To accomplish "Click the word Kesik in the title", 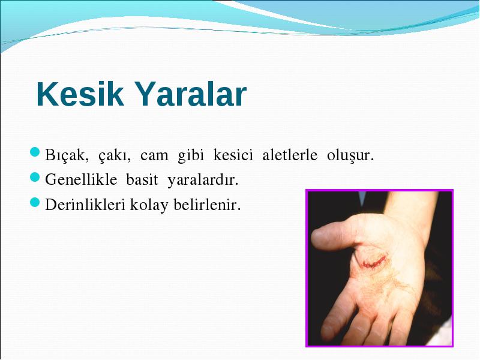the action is tap(80, 94).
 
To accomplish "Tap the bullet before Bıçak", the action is tap(35, 152).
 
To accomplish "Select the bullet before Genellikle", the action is tap(35, 177).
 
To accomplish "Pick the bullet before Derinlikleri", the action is tap(35, 202).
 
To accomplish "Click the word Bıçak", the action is tap(67, 155).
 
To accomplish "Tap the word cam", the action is tap(154, 156).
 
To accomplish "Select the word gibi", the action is tap(191, 155).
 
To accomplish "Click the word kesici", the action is tap(233, 155).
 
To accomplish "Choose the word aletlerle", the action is tap(290, 155).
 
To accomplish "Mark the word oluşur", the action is tap(350, 155).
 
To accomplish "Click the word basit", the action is tap(142, 179).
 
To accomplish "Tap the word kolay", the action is tap(149, 205).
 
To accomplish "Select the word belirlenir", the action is tap(207, 205).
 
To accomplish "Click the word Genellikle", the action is tap(81, 179).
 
